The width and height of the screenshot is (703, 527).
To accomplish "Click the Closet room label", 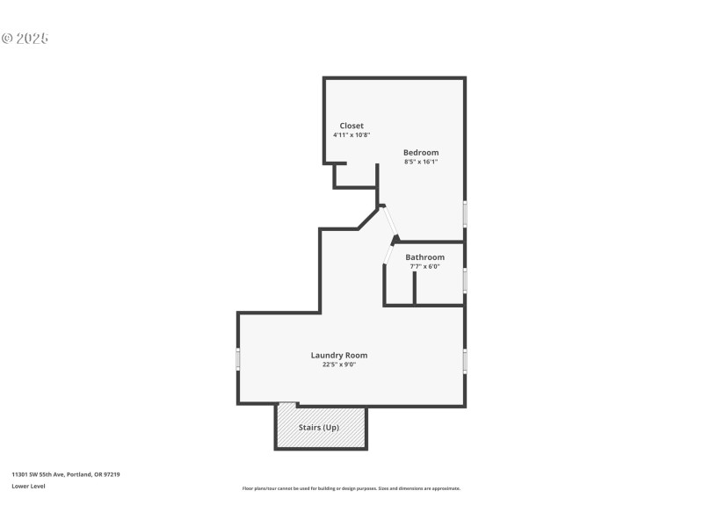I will click(x=351, y=126).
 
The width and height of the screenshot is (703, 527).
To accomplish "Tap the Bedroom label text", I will click(x=421, y=152).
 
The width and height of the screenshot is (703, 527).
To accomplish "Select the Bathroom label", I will click(x=424, y=257).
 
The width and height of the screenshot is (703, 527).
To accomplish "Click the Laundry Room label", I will click(x=338, y=355).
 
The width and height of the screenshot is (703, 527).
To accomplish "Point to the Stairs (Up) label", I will click(x=320, y=428).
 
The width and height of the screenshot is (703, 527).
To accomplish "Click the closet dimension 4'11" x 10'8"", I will click(x=351, y=135).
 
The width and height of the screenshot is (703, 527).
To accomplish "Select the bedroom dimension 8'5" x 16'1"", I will click(x=421, y=162).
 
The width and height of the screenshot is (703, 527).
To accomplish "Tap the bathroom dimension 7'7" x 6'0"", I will click(x=424, y=266).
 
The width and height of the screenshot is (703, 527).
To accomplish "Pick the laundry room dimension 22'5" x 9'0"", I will click(x=338, y=365).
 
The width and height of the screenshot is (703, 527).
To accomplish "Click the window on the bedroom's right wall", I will click(x=465, y=213).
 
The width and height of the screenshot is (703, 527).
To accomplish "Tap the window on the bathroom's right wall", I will click(x=465, y=279).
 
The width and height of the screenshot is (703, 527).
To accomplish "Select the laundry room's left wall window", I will click(x=237, y=358).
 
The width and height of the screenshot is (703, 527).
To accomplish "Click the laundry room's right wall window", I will click(x=465, y=360).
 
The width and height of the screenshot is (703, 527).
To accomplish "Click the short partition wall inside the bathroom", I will click(x=414, y=288).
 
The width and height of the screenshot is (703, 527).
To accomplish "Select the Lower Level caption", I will click(x=28, y=486).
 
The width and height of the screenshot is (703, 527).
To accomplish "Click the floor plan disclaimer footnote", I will click(x=351, y=488).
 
